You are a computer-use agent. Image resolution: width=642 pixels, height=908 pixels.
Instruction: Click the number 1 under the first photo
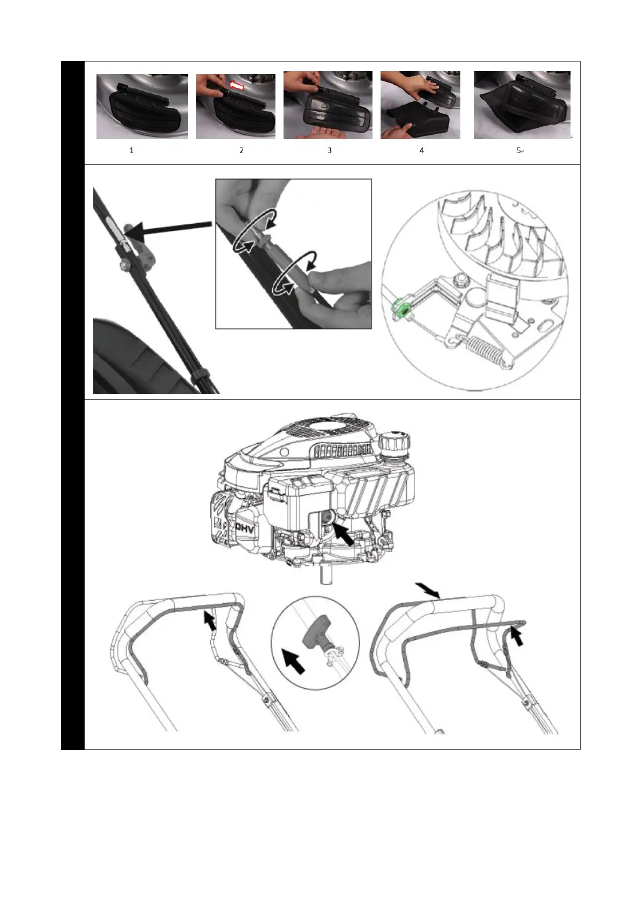click(x=132, y=150)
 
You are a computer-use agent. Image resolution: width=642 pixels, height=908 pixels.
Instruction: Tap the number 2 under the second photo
click(x=241, y=150)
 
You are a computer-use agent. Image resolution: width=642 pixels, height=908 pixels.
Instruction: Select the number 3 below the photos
click(x=329, y=150)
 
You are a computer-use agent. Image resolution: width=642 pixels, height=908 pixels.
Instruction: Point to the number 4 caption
click(x=422, y=150)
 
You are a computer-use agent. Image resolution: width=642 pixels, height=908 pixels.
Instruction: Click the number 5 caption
click(x=519, y=150)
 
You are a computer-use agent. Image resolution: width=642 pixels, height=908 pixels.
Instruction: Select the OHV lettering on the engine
click(x=244, y=528)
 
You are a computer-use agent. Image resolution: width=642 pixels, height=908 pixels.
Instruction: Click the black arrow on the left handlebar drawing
click(x=210, y=621)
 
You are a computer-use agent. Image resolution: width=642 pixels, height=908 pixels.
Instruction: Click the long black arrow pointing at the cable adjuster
click(x=170, y=229)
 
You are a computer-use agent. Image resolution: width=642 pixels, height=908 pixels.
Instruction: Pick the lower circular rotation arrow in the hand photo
click(x=294, y=272)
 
